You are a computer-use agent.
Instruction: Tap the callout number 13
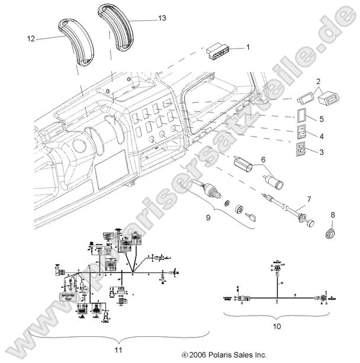[162, 19]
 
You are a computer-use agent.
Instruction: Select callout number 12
[31, 38]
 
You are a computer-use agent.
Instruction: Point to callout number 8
[333, 215]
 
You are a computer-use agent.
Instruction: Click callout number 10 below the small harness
[278, 326]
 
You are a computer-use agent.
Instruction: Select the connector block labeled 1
[218, 52]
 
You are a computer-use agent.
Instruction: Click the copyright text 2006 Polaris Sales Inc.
[223, 356]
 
